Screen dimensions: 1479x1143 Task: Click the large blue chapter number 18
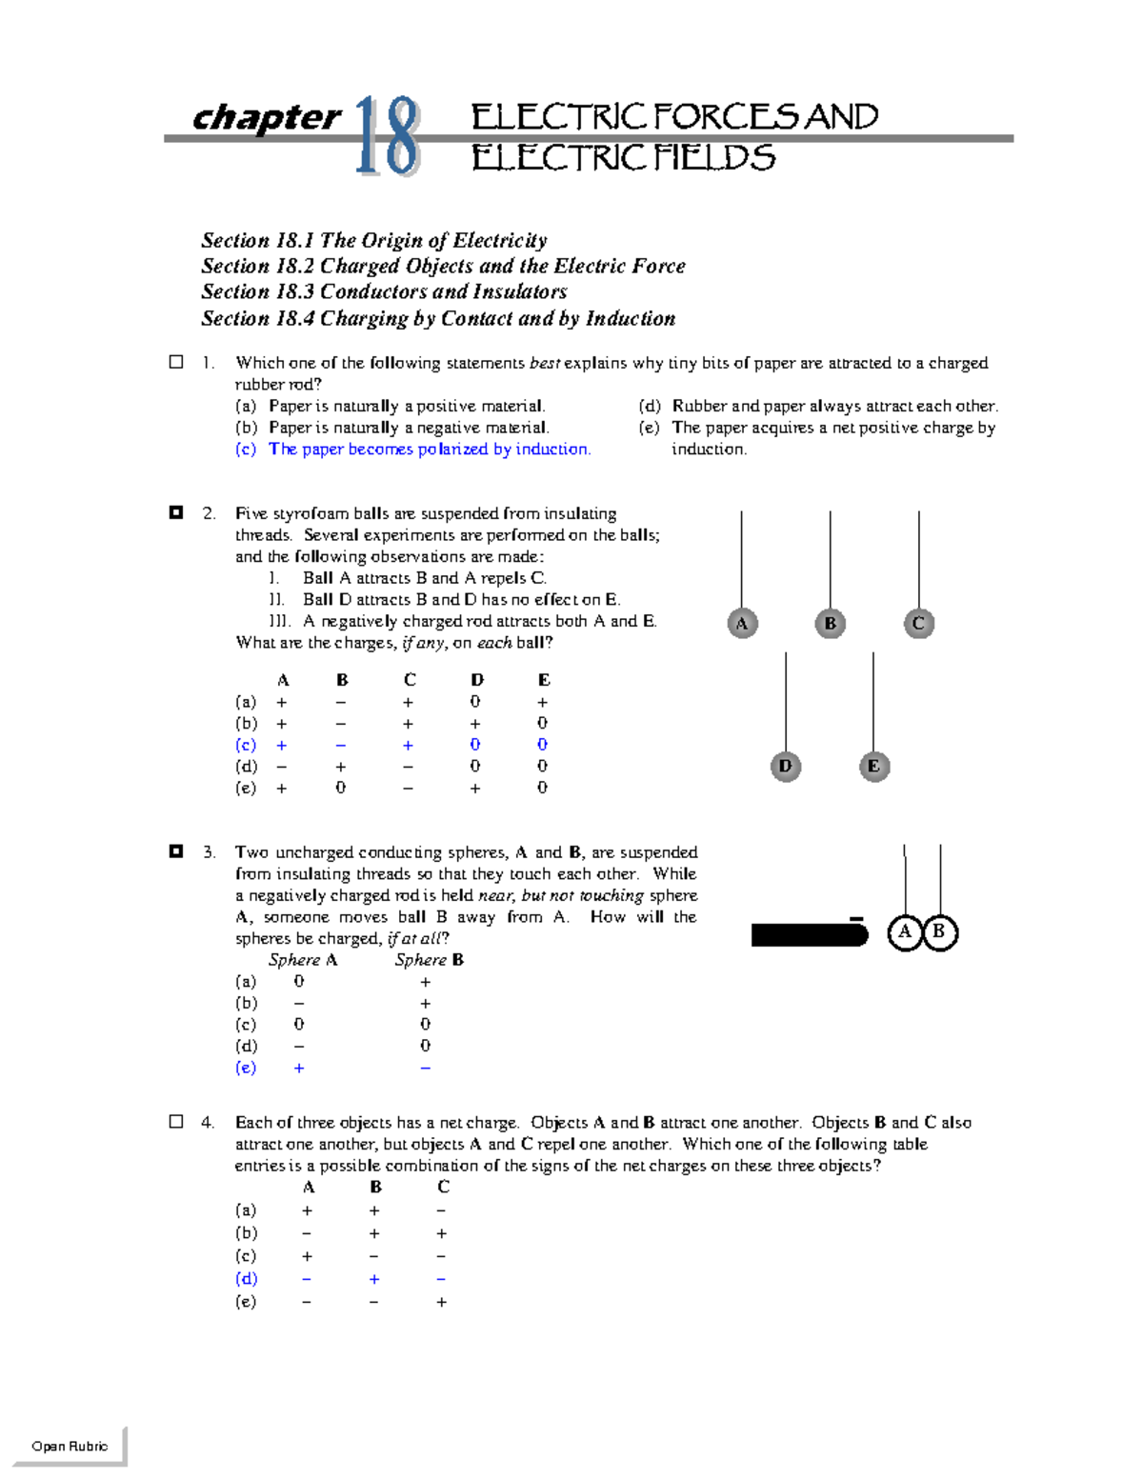[x=388, y=137]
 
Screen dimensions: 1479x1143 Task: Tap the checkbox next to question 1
[x=176, y=362]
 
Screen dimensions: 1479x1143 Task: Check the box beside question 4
[x=176, y=1122]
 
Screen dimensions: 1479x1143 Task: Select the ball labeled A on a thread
[x=742, y=624]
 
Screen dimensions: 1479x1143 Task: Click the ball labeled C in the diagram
[x=918, y=624]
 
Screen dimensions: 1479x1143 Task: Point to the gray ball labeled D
[x=785, y=766]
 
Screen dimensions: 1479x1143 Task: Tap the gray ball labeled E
[x=873, y=766]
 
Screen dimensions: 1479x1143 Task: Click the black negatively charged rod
[x=809, y=935]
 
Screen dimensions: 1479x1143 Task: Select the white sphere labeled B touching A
[x=939, y=932]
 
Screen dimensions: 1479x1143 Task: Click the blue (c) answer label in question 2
[x=246, y=745]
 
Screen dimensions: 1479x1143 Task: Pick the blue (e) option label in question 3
[x=246, y=1068]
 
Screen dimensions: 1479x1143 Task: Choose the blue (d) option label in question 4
[x=246, y=1279]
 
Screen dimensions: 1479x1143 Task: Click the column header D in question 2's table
[x=476, y=680]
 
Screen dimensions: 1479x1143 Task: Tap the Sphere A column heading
[x=303, y=960]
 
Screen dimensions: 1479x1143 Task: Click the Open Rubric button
[x=70, y=1446]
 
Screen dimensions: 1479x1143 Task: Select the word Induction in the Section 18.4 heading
[x=630, y=318]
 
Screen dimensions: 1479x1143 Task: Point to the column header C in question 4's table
[x=443, y=1187]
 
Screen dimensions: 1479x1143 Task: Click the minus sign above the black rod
[x=856, y=919]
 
